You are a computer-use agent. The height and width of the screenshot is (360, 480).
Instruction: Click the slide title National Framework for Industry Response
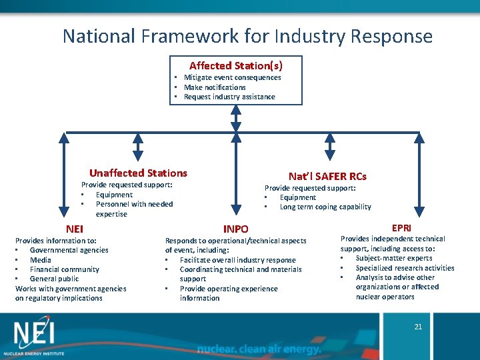pyautogui.click(x=247, y=35)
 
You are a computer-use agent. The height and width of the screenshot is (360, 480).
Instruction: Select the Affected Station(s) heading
pyautogui.click(x=235, y=65)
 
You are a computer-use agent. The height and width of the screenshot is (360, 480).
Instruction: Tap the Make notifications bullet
pyautogui.click(x=215, y=87)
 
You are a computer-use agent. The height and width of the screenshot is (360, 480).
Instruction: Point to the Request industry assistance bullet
pyautogui.click(x=229, y=97)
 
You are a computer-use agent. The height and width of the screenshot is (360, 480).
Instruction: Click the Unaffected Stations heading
pyautogui.click(x=138, y=173)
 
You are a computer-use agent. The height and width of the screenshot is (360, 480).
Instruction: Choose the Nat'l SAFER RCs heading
pyautogui.click(x=327, y=176)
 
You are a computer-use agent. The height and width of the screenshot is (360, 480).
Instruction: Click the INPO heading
pyautogui.click(x=235, y=229)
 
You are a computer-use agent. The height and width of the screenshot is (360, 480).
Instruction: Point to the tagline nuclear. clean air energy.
pyautogui.click(x=259, y=349)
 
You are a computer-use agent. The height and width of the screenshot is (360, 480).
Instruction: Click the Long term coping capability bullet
pyautogui.click(x=325, y=207)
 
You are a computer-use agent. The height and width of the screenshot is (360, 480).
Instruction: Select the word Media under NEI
pyautogui.click(x=41, y=260)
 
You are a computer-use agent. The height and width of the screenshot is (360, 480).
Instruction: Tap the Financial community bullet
pyautogui.click(x=64, y=269)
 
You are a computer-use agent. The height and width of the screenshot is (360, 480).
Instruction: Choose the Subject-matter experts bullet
pyautogui.click(x=393, y=258)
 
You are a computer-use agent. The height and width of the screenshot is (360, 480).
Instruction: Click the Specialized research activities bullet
pyautogui.click(x=405, y=268)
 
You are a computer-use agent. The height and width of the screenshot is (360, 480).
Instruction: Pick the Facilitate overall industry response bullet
pyautogui.click(x=237, y=260)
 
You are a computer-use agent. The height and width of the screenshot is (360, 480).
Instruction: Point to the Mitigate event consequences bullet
pyautogui.click(x=232, y=77)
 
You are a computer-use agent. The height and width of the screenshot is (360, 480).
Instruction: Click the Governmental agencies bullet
pyautogui.click(x=69, y=250)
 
